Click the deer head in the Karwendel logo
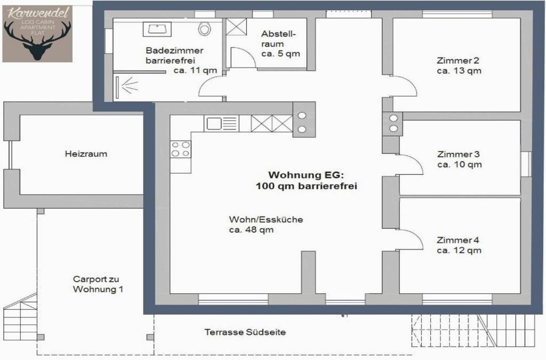[x=38, y=41]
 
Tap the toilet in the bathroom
[x=204, y=29]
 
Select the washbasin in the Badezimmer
[x=157, y=29]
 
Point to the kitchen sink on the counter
[x=222, y=124]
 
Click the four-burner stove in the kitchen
[x=180, y=149]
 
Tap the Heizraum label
[x=86, y=154]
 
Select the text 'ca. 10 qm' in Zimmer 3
[x=460, y=165]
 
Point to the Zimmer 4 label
[x=458, y=240]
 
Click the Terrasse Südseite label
[x=245, y=332]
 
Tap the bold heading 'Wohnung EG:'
[x=306, y=175]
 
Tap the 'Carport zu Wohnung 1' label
[x=98, y=284]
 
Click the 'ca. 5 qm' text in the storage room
[x=280, y=54]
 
